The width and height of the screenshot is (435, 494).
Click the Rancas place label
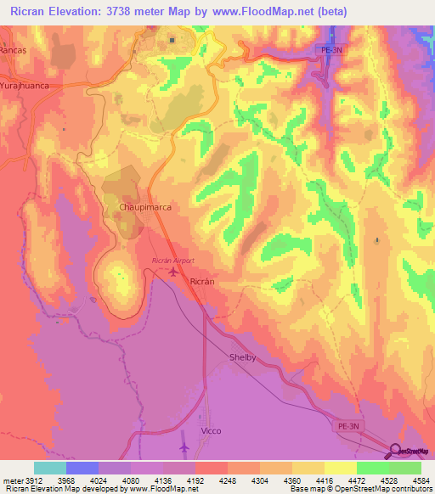(14, 51)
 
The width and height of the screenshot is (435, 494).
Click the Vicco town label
(211, 430)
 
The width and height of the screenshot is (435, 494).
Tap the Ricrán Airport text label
(172, 261)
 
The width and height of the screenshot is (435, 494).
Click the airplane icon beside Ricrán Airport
(174, 272)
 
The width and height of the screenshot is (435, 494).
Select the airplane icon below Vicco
(184, 446)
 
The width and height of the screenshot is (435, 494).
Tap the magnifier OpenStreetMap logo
(395, 452)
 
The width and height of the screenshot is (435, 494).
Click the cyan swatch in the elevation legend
(50, 468)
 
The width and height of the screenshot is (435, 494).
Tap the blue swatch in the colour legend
(82, 468)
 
